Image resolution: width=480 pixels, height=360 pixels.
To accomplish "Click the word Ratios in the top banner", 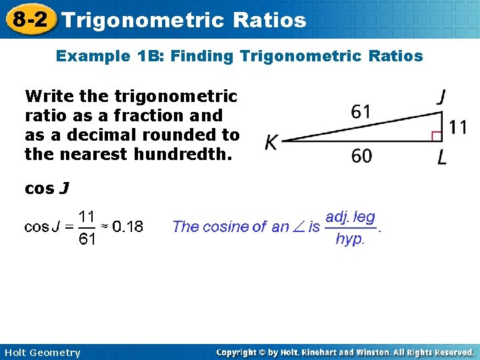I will click(270, 20).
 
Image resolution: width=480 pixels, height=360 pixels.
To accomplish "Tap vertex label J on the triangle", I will click(441, 97).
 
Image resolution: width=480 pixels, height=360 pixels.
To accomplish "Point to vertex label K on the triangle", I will click(271, 143).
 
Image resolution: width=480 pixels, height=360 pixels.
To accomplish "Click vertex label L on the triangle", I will click(442, 158).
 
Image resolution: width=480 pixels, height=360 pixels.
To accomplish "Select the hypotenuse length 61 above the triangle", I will click(361, 111).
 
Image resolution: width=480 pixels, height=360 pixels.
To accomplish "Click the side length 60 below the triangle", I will click(361, 156).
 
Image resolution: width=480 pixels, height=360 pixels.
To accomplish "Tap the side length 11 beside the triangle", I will click(457, 127).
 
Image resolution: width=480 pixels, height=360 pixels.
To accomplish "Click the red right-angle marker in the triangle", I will click(437, 136).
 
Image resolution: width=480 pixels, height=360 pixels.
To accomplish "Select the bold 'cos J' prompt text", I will click(46, 189).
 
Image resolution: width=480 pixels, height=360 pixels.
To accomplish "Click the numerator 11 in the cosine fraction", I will click(87, 216).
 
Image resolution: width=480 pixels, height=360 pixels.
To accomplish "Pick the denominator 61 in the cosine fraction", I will click(87, 239).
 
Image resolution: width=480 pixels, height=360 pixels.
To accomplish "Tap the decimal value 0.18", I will click(127, 227).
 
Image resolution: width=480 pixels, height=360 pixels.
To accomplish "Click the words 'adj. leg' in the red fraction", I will click(350, 217).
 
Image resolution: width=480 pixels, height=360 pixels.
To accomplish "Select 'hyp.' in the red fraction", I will click(350, 239).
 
